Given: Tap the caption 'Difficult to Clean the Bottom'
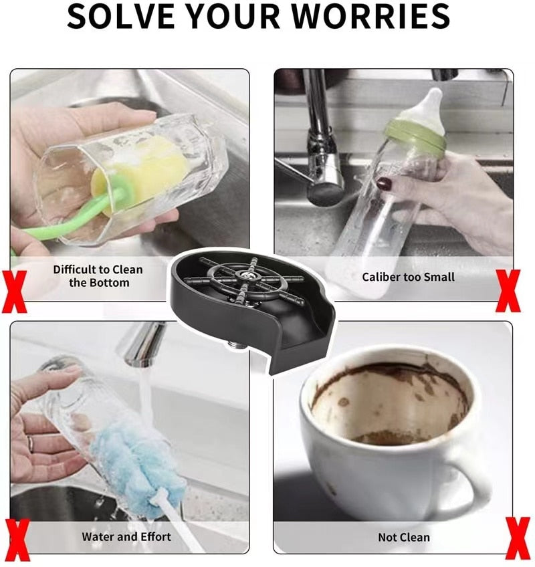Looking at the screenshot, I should [98, 276].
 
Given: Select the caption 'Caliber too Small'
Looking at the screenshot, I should [408, 277].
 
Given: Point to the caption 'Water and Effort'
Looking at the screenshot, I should [126, 536].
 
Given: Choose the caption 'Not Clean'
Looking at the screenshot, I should [404, 537].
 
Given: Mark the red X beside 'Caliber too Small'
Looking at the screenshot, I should [508, 291].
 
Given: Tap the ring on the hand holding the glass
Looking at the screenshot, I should [30, 443].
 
